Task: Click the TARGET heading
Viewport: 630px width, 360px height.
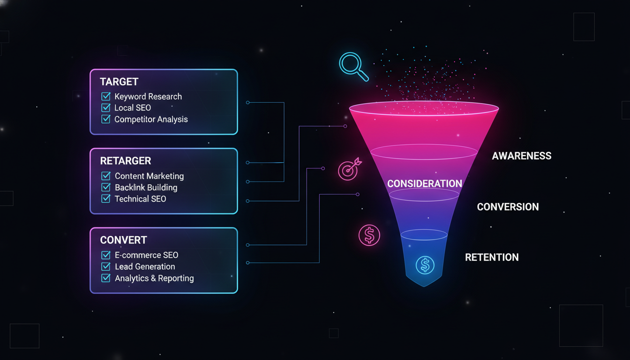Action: pyautogui.click(x=119, y=82)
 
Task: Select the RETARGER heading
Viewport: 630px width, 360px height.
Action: pyautogui.click(x=126, y=161)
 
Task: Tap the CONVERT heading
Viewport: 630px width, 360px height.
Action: pyautogui.click(x=123, y=240)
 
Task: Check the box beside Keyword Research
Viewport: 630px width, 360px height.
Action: pyautogui.click(x=106, y=97)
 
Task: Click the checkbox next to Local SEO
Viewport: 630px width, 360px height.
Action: pyautogui.click(x=106, y=108)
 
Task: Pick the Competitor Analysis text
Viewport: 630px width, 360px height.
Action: pyautogui.click(x=151, y=120)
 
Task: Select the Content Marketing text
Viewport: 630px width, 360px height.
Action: pyautogui.click(x=149, y=176)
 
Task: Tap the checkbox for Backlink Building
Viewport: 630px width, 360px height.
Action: pyautogui.click(x=106, y=187)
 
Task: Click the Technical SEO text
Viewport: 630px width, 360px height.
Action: pyautogui.click(x=140, y=199)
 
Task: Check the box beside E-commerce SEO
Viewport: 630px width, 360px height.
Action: pyautogui.click(x=106, y=255)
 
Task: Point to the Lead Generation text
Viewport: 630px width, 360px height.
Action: pyautogui.click(x=145, y=267)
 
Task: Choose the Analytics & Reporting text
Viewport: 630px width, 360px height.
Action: pyautogui.click(x=154, y=278)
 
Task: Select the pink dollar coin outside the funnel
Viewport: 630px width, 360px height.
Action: pyautogui.click(x=369, y=235)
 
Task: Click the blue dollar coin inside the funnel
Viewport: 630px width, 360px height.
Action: pyautogui.click(x=425, y=265)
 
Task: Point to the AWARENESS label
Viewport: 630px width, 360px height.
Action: pyautogui.click(x=521, y=156)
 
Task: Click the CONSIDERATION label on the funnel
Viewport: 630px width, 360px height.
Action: pyautogui.click(x=425, y=184)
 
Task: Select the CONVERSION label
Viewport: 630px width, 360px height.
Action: pyautogui.click(x=508, y=207)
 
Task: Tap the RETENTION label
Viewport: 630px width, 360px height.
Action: pyautogui.click(x=492, y=257)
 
